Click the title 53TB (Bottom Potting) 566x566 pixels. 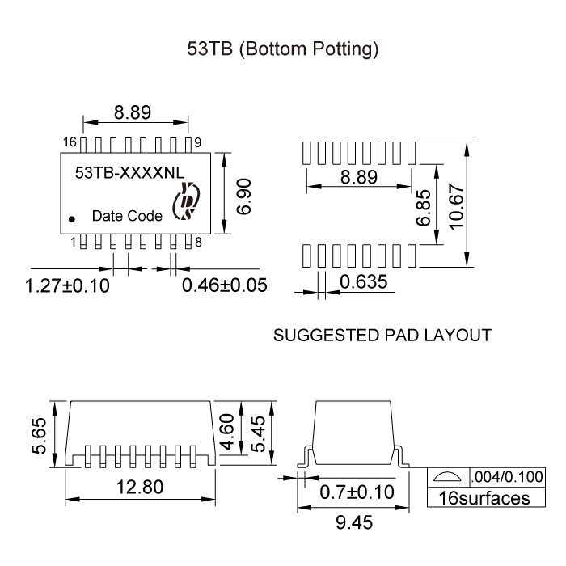tap(283, 49)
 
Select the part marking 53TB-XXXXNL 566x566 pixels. tap(129, 172)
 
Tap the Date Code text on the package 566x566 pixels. tap(127, 216)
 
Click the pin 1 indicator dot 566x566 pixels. tap(72, 218)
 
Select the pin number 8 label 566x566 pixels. tap(198, 242)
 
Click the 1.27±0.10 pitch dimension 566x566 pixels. tap(67, 285)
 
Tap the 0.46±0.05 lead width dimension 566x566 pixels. tap(224, 285)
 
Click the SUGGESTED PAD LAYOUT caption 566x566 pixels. tap(382, 335)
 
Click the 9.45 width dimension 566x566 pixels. tap(351, 523)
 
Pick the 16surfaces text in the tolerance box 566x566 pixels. tap(484, 497)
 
